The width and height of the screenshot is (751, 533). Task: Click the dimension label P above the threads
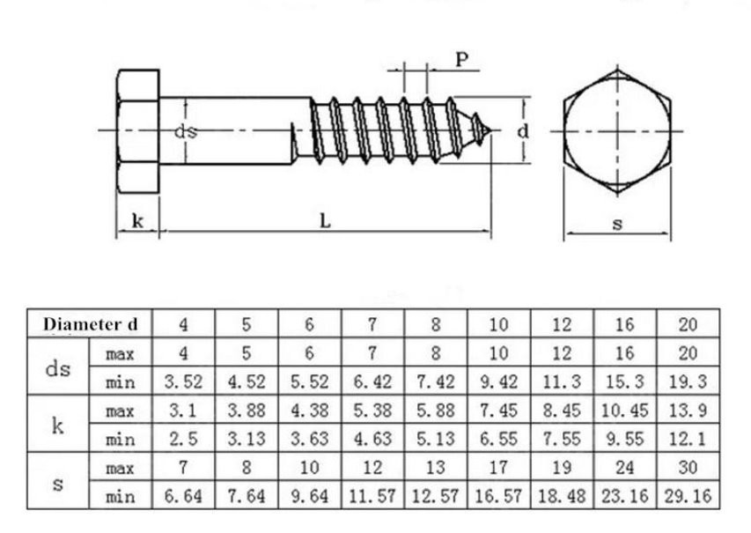460,60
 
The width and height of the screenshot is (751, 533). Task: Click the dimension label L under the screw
325,222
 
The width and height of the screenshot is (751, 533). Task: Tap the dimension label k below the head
137,221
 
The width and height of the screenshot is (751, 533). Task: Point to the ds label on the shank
184,131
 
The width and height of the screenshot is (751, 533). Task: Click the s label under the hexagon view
617,225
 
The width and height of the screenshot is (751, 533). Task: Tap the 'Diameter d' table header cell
91,324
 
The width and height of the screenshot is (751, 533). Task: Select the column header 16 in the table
625,324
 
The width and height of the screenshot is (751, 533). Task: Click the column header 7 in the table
372,324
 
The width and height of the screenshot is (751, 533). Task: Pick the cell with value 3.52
183,381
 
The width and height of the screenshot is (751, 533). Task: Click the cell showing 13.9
688,411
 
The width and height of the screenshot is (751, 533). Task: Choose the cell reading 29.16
688,496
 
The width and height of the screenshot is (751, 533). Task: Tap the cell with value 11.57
372,496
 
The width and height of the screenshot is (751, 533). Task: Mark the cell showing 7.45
498,411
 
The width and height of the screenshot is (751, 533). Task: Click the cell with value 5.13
436,439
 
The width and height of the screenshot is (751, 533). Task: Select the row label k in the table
58,425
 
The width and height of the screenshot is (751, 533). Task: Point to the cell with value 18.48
562,496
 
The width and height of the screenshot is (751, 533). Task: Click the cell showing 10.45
625,411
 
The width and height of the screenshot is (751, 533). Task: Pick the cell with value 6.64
183,496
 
